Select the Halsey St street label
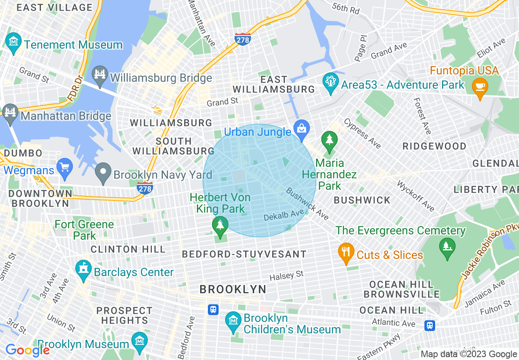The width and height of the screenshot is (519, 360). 287,276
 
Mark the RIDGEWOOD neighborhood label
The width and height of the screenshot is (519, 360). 434,146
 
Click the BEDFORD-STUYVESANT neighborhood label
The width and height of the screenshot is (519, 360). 244,254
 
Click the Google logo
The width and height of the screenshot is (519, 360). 27,351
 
